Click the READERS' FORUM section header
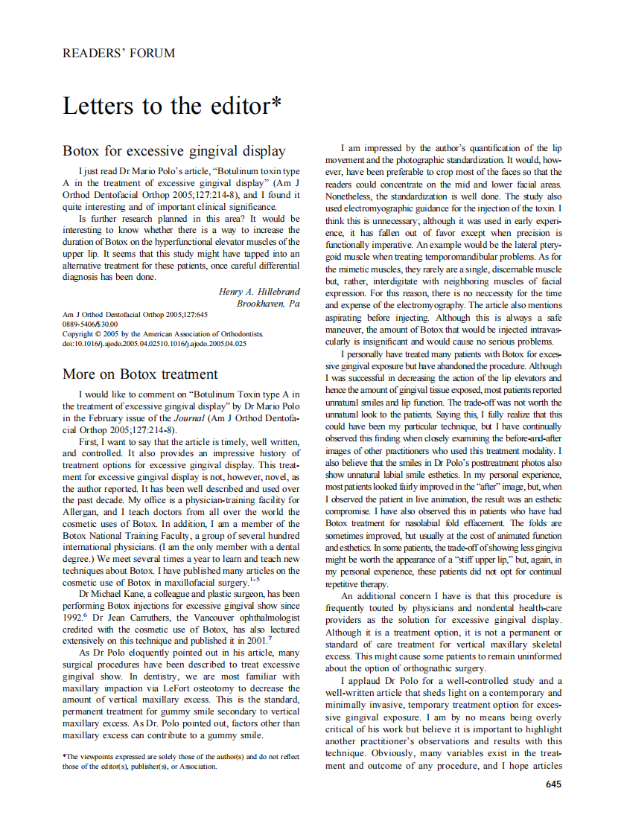[119, 53]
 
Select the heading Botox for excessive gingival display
[173, 151]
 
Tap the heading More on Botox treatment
[140, 374]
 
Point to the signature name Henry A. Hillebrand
[259, 291]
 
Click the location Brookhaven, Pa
[268, 304]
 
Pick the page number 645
[553, 784]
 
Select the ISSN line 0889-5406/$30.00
[90, 324]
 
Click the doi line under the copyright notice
[154, 344]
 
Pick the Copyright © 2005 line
[162, 334]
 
